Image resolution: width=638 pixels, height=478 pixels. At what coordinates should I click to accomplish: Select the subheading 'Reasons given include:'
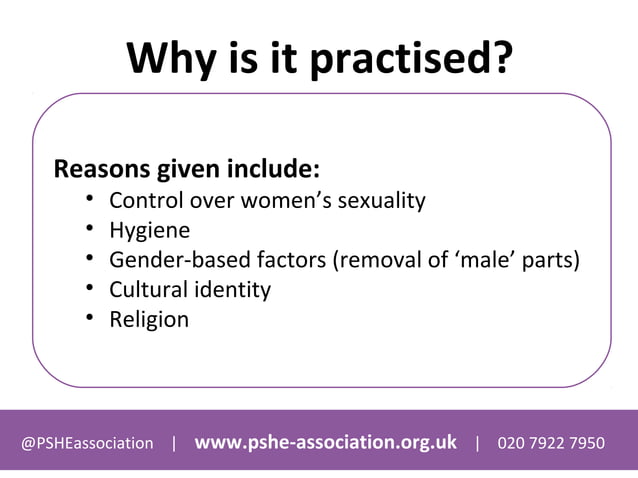pos(186,167)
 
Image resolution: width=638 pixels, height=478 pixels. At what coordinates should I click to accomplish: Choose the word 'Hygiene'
pos(149,231)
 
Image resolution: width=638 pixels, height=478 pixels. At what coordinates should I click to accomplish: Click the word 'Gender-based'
pos(175,261)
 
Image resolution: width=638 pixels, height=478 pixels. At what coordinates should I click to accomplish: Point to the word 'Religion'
pos(149,320)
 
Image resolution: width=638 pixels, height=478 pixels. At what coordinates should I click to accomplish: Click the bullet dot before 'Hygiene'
pos(89,230)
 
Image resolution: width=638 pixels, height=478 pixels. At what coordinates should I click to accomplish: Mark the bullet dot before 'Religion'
pos(89,319)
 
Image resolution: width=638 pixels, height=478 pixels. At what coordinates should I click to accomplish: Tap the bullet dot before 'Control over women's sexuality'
pos(89,199)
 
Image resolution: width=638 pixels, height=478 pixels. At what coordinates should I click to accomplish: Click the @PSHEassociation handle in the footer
pos(88,443)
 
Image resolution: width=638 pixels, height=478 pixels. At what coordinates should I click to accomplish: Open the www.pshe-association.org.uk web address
pos(325,442)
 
